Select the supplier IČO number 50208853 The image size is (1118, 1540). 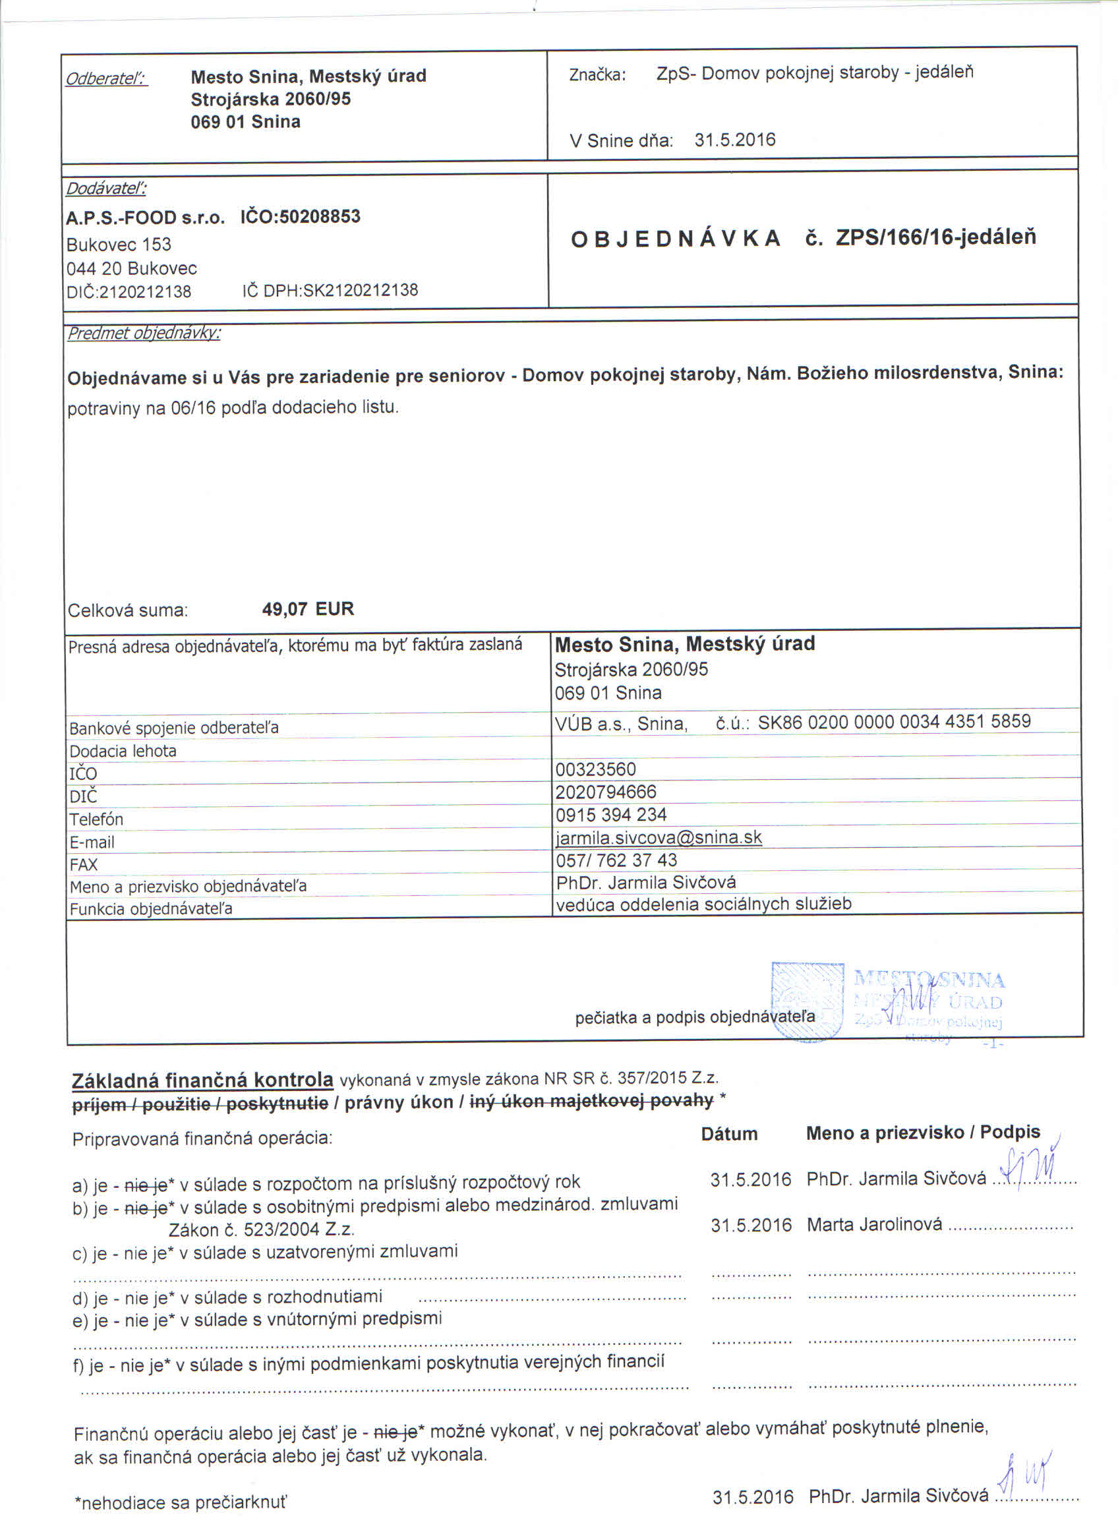coord(320,217)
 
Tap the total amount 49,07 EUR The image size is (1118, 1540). coord(309,608)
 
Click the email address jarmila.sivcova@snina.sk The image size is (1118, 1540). coord(659,837)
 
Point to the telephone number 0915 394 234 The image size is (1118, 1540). coord(611,815)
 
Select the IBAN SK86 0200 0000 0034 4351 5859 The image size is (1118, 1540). coord(894,721)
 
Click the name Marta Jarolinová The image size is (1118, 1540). coord(874,1224)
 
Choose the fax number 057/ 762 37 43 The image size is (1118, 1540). coord(616,860)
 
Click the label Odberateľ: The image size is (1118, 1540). coord(107,78)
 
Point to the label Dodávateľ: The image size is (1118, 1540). coord(106,188)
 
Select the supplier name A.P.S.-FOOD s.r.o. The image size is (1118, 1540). coord(145,218)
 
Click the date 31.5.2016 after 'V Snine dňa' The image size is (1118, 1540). coord(734,140)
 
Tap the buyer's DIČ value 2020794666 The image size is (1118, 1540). coord(606,792)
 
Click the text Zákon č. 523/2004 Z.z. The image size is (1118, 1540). coord(261,1229)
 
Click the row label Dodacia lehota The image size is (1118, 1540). coord(123,751)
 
